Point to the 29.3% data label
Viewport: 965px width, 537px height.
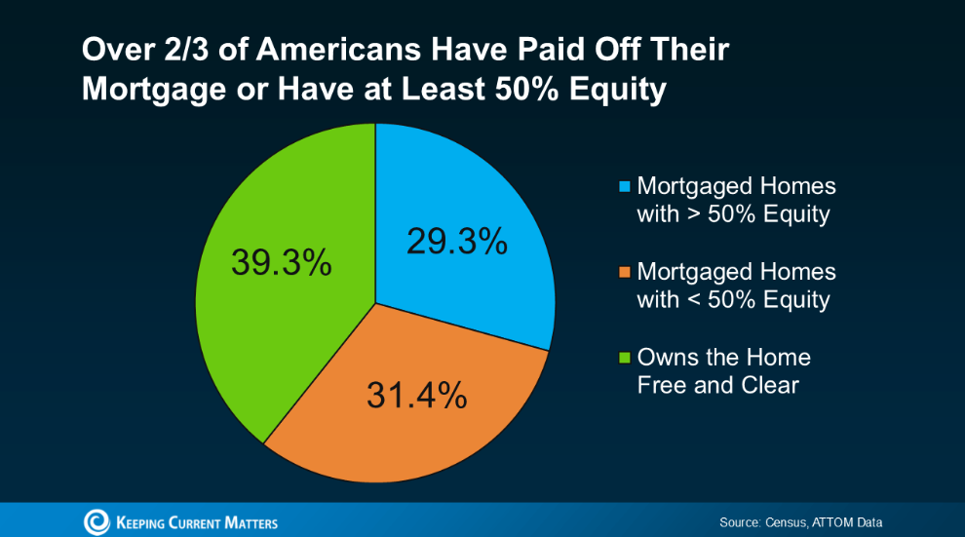[456, 241]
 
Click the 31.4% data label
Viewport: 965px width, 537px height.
[416, 395]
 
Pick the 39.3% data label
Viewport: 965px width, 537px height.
[282, 262]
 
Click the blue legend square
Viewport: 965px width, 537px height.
[624, 186]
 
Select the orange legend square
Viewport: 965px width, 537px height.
[624, 272]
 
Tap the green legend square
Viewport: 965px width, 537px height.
[624, 358]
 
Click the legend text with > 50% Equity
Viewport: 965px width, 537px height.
[736, 200]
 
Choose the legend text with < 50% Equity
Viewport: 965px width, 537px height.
[736, 286]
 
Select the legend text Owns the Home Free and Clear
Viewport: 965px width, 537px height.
[723, 371]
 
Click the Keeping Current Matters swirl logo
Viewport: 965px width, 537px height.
[96, 522]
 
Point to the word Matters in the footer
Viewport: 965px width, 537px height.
[251, 522]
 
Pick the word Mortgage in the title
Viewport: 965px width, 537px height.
[155, 90]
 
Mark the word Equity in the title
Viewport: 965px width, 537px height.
[617, 90]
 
